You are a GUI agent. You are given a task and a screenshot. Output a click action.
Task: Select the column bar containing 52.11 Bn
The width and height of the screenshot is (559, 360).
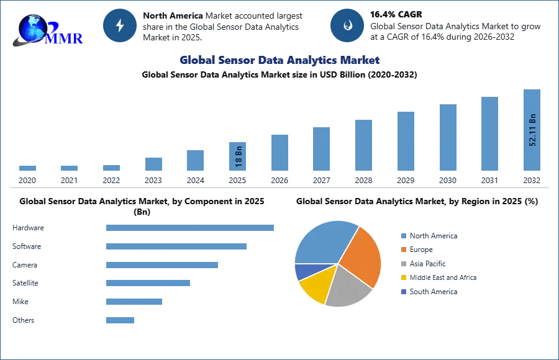(x=531, y=131)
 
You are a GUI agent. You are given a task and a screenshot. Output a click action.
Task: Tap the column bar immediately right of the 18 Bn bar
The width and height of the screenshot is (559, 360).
(x=278, y=153)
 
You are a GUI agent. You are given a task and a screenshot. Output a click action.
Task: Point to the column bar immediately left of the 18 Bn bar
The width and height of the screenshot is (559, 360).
(x=194, y=161)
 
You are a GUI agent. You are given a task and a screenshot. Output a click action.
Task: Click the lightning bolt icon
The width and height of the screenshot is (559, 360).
(x=120, y=25)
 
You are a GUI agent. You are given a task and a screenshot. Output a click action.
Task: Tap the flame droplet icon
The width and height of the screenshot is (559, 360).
(x=347, y=25)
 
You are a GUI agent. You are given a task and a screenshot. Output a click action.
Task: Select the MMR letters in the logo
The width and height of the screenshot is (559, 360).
(x=65, y=38)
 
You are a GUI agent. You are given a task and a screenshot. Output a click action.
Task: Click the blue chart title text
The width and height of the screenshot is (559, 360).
(x=280, y=60)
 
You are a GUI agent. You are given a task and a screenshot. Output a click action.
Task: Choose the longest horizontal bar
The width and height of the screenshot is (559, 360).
(x=191, y=228)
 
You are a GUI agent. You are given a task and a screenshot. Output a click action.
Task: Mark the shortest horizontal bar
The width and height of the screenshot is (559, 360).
(x=119, y=320)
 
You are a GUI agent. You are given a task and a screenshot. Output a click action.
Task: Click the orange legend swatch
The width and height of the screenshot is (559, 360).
(x=403, y=250)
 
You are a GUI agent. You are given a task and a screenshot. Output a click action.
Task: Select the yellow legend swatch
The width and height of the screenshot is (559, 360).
(x=403, y=278)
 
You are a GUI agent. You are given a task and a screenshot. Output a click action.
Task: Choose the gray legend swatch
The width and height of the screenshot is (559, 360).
(x=403, y=264)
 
